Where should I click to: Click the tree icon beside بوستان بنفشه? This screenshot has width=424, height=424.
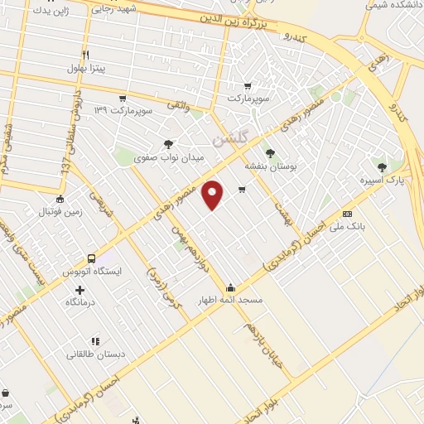[x=269, y=152]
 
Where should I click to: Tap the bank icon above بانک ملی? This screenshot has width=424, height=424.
[x=347, y=214]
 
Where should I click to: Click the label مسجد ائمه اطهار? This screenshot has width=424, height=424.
[x=229, y=300]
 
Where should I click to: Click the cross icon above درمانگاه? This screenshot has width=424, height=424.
[x=79, y=290]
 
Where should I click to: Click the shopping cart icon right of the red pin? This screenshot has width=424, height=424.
[x=242, y=190]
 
